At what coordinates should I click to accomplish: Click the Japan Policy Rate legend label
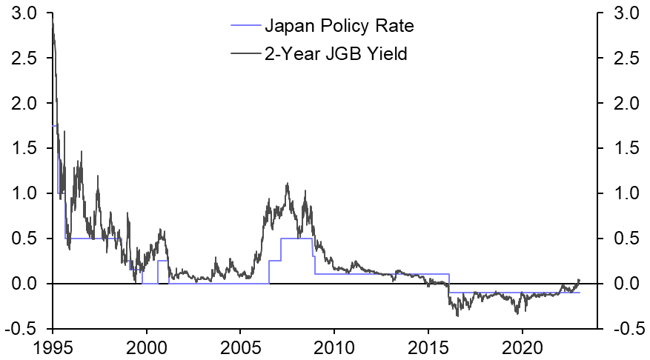pyautogui.click(x=339, y=27)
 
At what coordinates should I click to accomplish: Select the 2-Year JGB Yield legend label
pyautogui.click(x=336, y=53)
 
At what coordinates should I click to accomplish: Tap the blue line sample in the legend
pyautogui.click(x=245, y=27)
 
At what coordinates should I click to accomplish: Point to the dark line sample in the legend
pyautogui.click(x=245, y=53)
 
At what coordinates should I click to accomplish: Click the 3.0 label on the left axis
pyautogui.click(x=25, y=13)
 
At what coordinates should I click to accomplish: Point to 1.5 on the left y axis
pyautogui.click(x=25, y=149)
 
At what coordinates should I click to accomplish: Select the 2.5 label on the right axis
pyautogui.click(x=624, y=59)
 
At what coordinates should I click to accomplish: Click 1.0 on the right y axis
pyautogui.click(x=624, y=194)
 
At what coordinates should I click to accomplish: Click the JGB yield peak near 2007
pyautogui.click(x=287, y=184)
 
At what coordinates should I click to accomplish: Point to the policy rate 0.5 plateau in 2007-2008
pyautogui.click(x=296, y=239)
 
